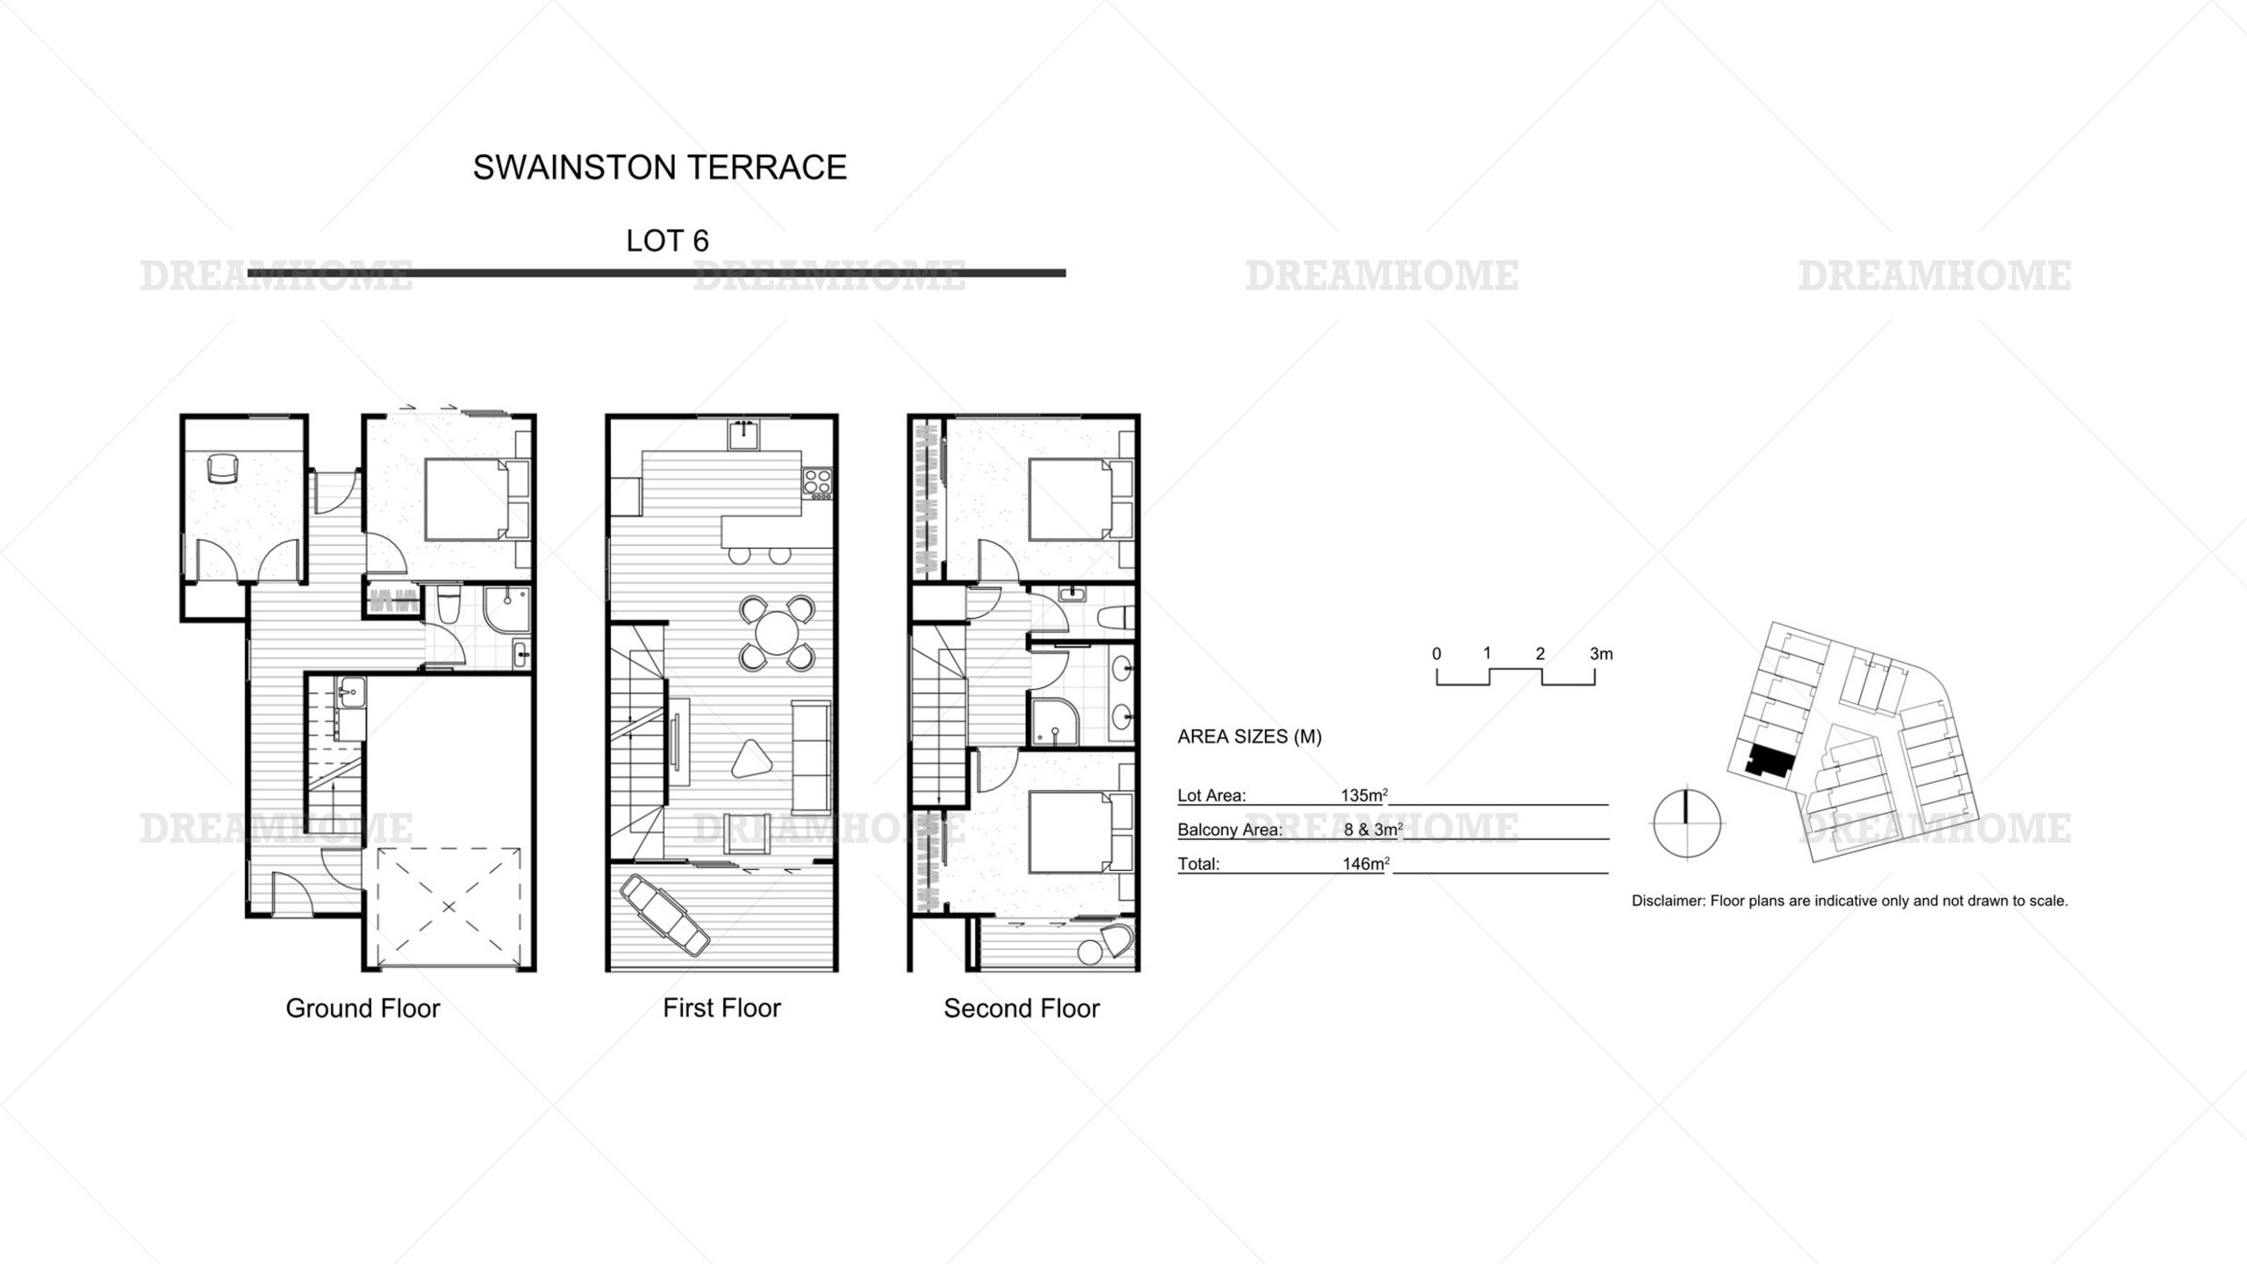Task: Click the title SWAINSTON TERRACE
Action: click(x=659, y=167)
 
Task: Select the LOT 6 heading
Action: click(x=667, y=241)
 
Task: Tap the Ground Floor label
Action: click(x=363, y=1008)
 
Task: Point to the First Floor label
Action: click(x=721, y=1008)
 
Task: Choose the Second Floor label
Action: click(x=1022, y=1008)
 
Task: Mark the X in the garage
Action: click(x=448, y=906)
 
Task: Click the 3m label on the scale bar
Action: click(x=1601, y=654)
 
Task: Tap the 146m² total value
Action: click(x=1366, y=864)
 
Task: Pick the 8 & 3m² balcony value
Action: click(x=1373, y=829)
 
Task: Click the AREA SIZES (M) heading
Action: click(x=1249, y=737)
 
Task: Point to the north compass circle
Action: click(x=1686, y=823)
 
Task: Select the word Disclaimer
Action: click(x=1667, y=901)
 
